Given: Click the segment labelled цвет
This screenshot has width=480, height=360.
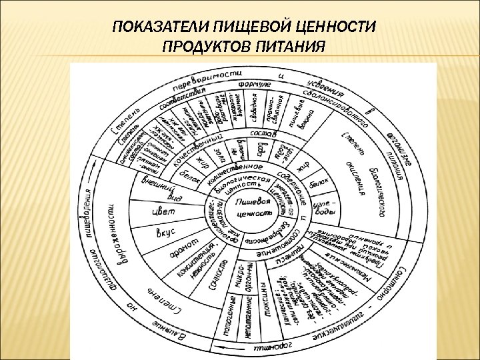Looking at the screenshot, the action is pyautogui.click(x=163, y=211).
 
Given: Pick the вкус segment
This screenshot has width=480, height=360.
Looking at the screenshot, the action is pyautogui.click(x=164, y=234).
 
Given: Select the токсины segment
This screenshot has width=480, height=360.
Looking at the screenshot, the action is pyautogui.click(x=264, y=307).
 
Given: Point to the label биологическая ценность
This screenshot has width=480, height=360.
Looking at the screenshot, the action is pyautogui.click(x=247, y=185).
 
